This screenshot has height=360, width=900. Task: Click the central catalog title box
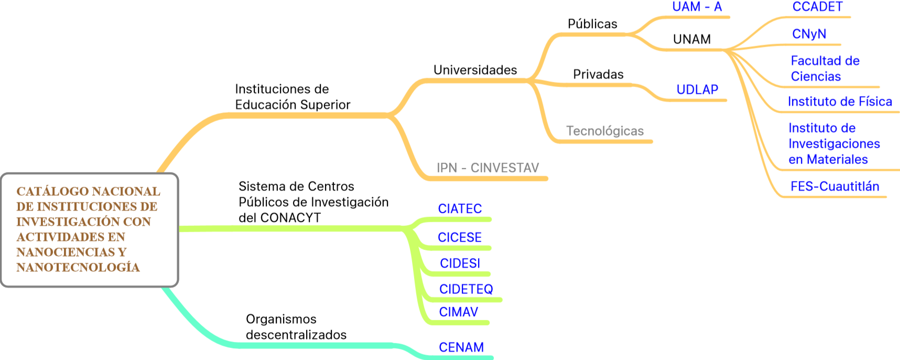click(x=89, y=230)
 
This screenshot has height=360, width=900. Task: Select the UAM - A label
click(x=697, y=7)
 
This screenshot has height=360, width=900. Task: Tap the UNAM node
click(x=692, y=39)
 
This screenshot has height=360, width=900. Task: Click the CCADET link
click(x=817, y=7)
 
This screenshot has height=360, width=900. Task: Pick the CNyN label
click(x=809, y=34)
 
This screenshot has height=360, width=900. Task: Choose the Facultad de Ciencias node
click(x=825, y=69)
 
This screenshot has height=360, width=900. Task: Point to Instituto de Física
click(x=839, y=102)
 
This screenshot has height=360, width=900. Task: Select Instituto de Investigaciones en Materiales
click(x=833, y=144)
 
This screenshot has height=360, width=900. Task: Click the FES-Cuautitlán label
click(x=834, y=187)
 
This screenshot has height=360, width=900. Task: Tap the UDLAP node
click(x=697, y=90)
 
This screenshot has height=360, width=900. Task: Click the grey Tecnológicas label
click(x=604, y=131)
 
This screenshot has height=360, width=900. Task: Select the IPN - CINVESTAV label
click(x=487, y=168)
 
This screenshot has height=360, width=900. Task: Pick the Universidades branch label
click(x=475, y=70)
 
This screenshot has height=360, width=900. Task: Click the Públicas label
click(x=592, y=24)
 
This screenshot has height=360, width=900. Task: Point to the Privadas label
click(x=598, y=74)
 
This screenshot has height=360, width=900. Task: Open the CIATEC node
click(x=460, y=209)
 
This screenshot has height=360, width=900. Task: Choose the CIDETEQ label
click(x=466, y=289)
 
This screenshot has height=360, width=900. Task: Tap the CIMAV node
click(x=458, y=312)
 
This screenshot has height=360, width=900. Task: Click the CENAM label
click(x=461, y=347)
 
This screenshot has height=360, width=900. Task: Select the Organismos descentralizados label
click(x=296, y=327)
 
